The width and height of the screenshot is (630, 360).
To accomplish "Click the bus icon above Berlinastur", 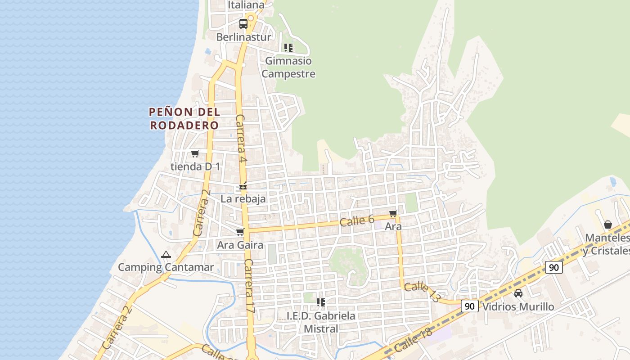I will tap(243, 24).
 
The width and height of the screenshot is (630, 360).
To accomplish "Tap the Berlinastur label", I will tap(244, 37).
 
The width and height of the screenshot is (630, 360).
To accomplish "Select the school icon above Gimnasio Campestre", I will tap(288, 48).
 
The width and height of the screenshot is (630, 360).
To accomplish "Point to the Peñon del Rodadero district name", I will tap(184, 118).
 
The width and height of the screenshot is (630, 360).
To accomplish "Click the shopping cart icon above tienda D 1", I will tap(195, 154).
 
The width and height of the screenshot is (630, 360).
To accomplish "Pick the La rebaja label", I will tap(243, 198).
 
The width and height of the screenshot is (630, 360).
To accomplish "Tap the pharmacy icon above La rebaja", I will tap(243, 186).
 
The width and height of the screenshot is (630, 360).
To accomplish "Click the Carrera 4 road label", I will tap(242, 138).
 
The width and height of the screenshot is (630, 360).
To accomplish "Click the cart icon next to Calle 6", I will tap(393, 213).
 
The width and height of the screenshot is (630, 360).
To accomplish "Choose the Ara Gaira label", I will tap(240, 245).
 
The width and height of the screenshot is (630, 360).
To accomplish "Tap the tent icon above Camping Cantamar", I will tap(166, 255).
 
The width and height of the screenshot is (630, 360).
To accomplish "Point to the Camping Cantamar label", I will tap(166, 267).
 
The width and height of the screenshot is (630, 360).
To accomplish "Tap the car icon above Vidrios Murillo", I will tap(518, 293).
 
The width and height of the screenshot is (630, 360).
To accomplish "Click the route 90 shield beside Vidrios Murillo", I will tap(469, 306).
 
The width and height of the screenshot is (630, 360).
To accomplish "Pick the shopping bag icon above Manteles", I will tap(608, 225).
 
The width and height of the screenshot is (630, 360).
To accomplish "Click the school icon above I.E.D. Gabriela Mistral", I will tap(321, 302).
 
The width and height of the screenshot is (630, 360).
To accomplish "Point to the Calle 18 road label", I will tap(413, 340).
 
